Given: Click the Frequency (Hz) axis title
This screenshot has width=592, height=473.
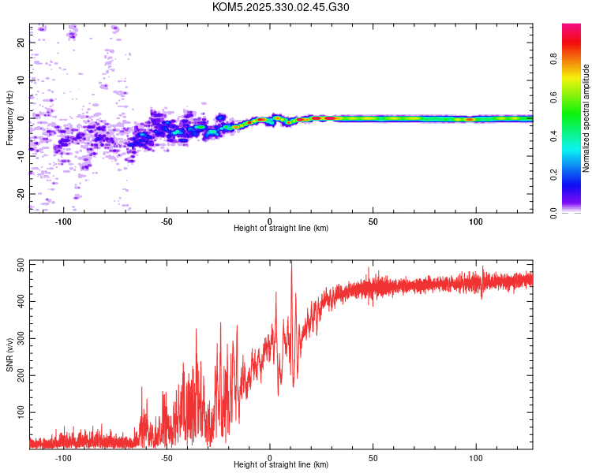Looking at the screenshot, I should [9, 118].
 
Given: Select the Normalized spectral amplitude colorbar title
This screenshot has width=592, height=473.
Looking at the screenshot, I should [586, 118].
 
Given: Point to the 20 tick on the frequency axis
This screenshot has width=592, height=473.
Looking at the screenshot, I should [21, 43].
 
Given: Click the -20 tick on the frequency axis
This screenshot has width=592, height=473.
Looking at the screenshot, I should [21, 193].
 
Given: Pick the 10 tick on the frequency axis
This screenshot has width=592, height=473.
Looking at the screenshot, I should [21, 80].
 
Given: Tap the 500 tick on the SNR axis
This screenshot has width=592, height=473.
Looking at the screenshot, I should [21, 265].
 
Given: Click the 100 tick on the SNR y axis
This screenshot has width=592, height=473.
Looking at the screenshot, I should [21, 412].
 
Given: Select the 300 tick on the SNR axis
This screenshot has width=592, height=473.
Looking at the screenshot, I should [21, 339].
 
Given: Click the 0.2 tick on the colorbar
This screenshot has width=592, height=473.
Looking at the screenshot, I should [575, 175].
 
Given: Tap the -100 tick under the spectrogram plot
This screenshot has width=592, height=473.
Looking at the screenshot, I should [63, 222].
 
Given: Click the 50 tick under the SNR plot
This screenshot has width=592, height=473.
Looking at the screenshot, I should [373, 458].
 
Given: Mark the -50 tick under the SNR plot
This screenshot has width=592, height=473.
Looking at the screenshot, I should [167, 458].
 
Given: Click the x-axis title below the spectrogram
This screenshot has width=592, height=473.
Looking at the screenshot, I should [281, 229].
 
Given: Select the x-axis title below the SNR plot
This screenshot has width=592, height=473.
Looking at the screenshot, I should [281, 465].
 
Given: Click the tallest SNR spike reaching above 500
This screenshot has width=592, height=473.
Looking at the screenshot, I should [291, 265].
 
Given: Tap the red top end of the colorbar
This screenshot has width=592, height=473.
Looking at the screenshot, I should [571, 27].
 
